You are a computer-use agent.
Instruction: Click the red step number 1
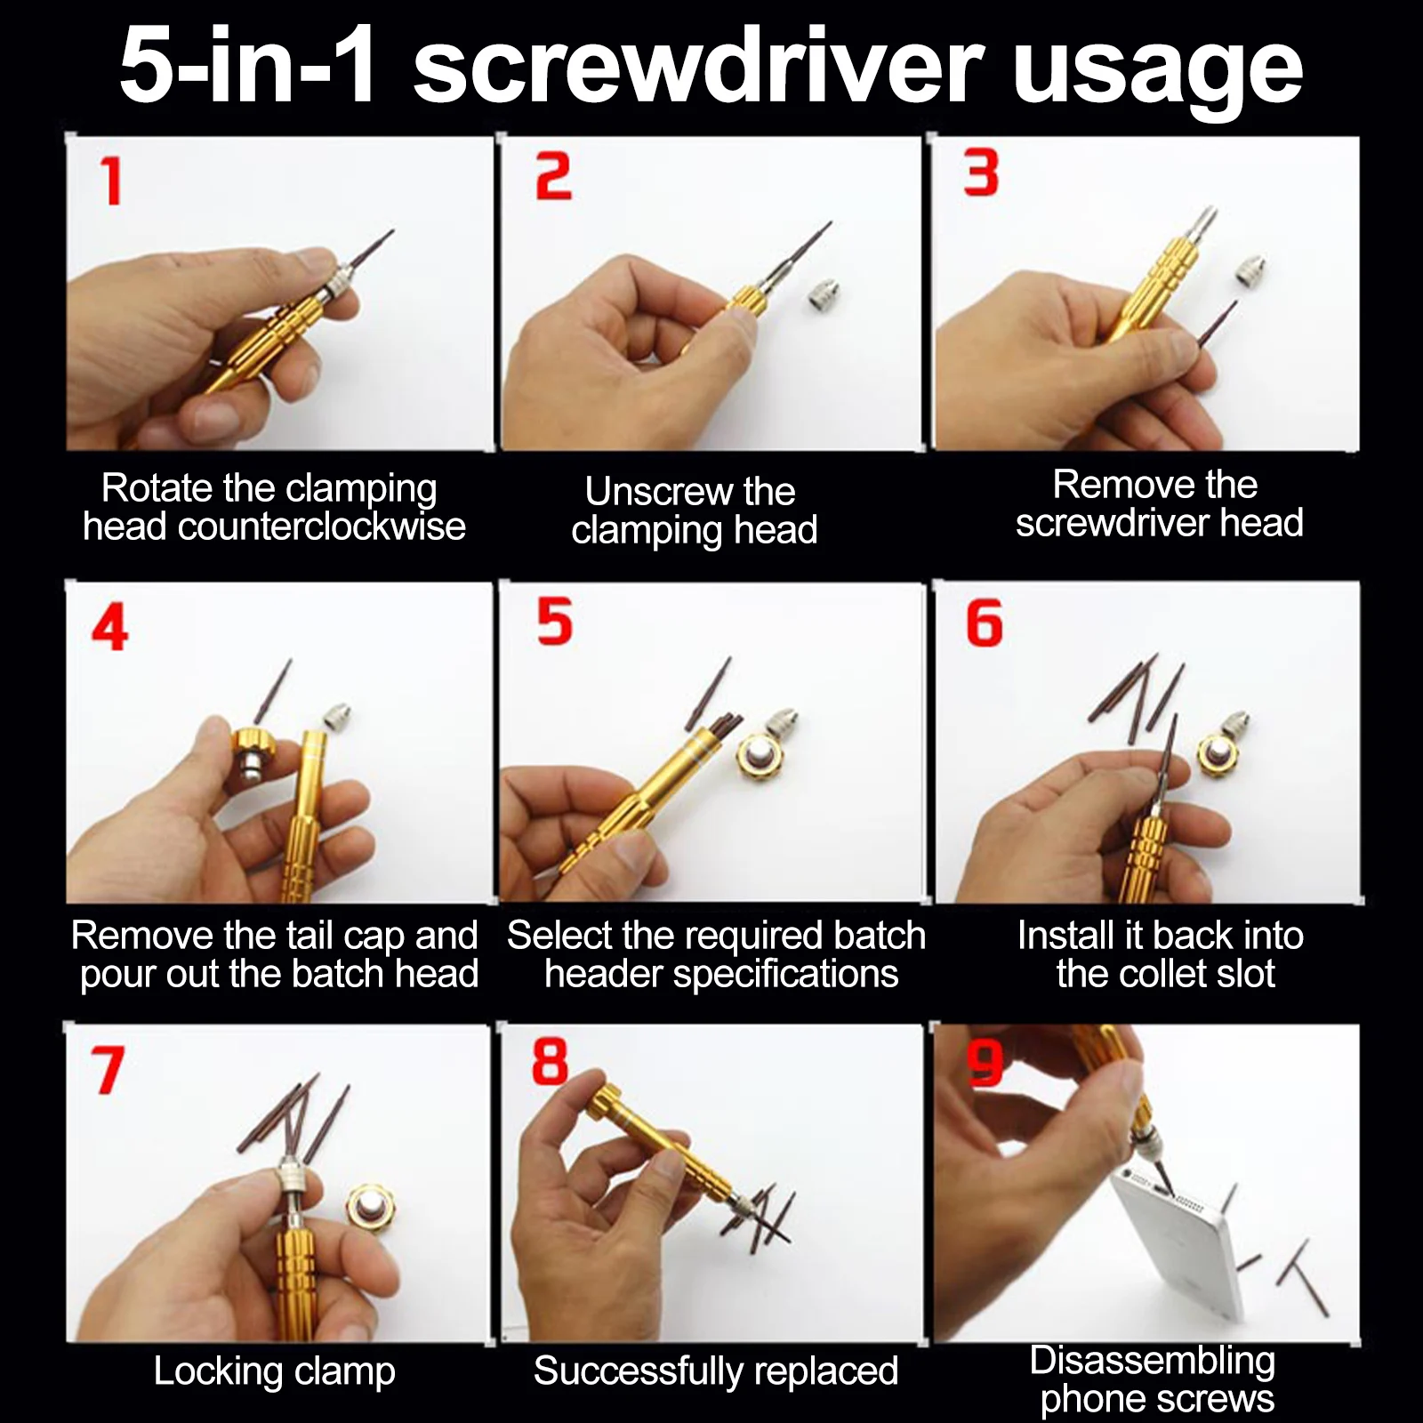111,181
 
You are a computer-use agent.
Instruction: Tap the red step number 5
554,621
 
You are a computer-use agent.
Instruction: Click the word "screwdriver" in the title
698,64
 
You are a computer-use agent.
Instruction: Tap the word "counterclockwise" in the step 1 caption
322,527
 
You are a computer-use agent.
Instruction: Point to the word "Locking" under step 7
218,1371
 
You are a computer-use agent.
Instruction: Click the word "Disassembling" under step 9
1153,1361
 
